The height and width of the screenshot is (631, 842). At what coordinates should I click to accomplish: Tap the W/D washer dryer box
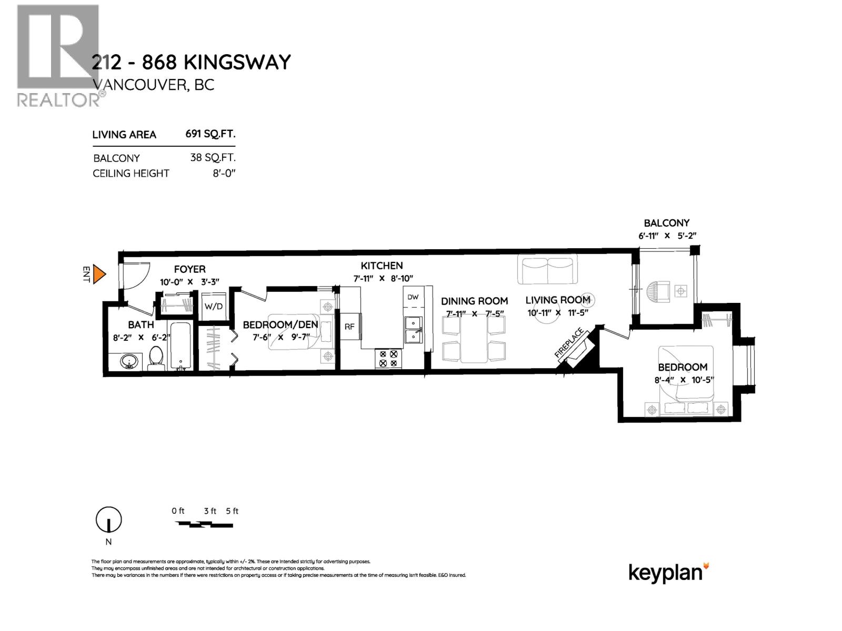click(213, 306)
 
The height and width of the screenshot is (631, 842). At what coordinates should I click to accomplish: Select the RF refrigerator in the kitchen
click(349, 327)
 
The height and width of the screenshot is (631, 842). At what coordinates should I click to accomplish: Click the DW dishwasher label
click(413, 297)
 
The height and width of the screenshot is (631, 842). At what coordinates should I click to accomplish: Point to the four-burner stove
click(388, 359)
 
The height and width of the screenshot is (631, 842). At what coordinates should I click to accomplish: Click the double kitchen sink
click(414, 330)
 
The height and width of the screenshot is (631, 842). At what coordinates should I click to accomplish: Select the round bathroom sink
click(129, 362)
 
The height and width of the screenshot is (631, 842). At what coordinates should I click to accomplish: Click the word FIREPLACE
click(569, 343)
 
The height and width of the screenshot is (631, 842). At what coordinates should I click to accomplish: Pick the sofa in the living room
click(548, 270)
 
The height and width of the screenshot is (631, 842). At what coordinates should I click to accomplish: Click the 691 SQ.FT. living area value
click(210, 134)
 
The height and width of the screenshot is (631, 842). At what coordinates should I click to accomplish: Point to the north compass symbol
click(108, 520)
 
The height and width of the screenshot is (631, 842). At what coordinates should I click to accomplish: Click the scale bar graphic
click(204, 524)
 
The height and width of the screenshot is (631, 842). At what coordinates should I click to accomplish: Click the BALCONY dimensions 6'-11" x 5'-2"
click(667, 236)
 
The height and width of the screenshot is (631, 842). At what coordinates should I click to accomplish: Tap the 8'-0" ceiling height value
click(224, 173)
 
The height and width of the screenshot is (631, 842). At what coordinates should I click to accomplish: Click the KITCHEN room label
click(382, 266)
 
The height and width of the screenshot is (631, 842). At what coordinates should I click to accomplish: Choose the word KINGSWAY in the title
click(237, 63)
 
